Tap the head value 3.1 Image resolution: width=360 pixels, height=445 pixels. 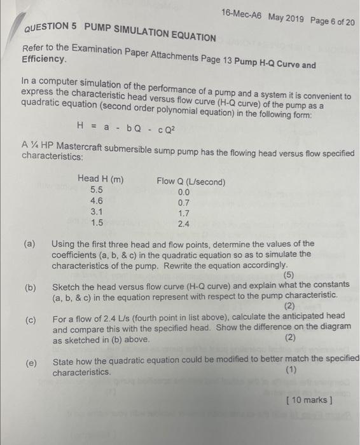97,212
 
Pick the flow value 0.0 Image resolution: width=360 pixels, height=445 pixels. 184,192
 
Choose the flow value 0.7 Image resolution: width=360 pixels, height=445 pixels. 184,203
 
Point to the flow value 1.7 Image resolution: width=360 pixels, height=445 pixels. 184,214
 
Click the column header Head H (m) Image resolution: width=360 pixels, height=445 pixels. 100,180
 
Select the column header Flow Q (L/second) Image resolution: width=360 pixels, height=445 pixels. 191,182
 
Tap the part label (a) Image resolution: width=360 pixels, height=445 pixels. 29,243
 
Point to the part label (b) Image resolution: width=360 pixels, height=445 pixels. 30,287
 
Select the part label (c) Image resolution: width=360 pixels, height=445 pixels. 30,319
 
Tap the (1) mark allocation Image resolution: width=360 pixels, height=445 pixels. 291,371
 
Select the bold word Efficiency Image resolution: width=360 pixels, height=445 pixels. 44,58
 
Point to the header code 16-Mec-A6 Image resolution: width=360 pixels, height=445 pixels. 242,13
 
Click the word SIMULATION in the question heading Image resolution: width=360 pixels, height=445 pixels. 149,33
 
